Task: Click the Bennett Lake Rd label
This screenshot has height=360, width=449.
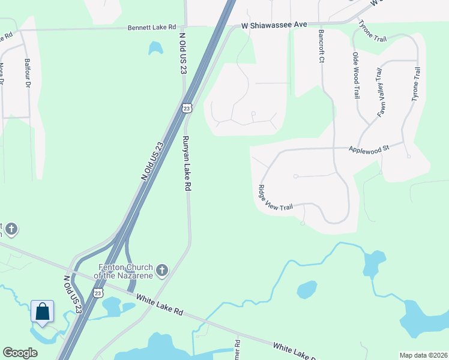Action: click(152, 28)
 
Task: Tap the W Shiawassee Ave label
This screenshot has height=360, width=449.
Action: click(274, 25)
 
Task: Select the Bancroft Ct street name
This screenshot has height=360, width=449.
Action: click(321, 47)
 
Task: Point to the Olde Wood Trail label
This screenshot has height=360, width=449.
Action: click(356, 76)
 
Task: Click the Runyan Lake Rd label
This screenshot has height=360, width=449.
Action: click(187, 163)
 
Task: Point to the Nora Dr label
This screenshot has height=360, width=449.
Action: click(2, 75)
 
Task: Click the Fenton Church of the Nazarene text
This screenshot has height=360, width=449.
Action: click(124, 271)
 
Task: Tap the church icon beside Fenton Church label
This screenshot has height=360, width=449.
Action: click(161, 271)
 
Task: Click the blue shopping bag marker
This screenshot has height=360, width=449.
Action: click(43, 312)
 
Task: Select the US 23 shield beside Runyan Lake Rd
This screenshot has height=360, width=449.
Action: click(187, 108)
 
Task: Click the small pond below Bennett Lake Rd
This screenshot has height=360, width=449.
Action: click(155, 47)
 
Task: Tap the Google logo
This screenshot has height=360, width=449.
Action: click(20, 353)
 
